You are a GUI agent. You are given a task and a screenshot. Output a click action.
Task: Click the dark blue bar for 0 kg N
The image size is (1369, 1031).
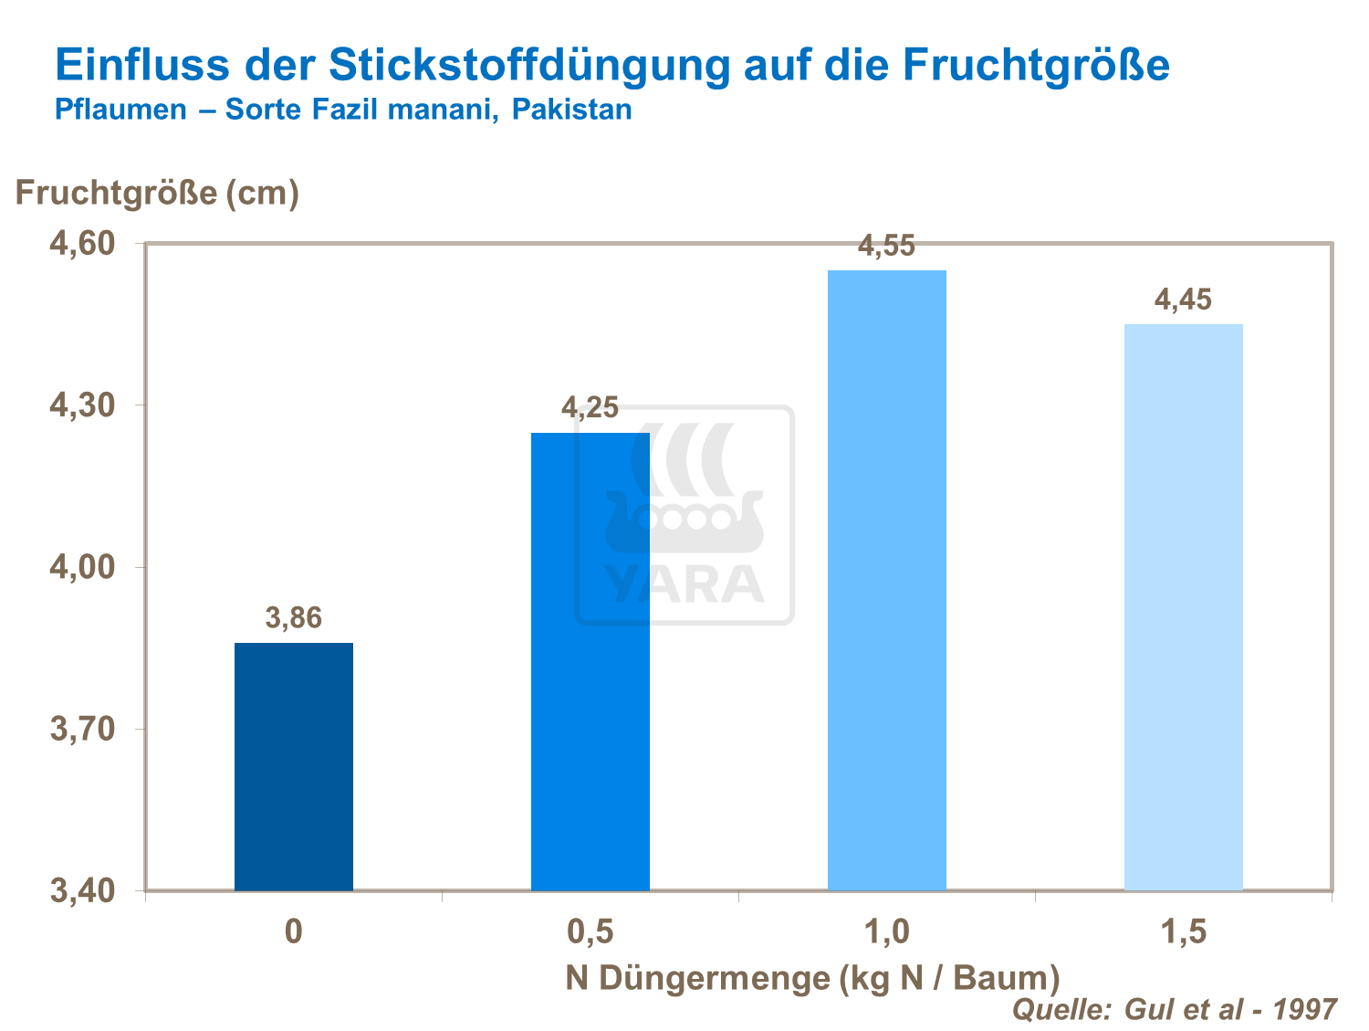point(293,766)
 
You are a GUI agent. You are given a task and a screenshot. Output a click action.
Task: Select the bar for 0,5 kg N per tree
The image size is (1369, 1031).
point(590,661)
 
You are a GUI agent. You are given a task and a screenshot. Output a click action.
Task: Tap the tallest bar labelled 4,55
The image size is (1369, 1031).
point(886,580)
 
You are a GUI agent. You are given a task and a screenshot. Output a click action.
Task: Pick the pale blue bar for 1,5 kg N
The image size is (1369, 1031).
point(1183,607)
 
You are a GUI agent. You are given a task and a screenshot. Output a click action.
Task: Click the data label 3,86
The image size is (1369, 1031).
point(293,618)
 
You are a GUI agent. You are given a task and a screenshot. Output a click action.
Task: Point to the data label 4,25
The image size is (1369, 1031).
point(590,407)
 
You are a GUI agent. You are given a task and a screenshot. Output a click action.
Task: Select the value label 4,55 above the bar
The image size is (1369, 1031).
point(886,247)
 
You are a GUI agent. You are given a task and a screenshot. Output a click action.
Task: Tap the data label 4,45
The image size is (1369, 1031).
point(1183,300)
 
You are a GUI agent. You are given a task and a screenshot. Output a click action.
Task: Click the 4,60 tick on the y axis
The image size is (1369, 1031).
point(81,244)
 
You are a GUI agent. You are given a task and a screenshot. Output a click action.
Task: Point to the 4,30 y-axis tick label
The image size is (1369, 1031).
point(81,405)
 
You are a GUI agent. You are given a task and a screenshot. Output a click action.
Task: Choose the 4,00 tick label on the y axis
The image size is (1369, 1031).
point(81,567)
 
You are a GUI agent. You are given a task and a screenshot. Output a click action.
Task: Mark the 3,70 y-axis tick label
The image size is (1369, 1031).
point(81,729)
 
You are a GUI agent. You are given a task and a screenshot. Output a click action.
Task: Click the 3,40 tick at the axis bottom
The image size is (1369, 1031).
point(81,890)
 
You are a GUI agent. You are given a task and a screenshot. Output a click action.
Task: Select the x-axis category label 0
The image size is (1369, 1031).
point(293,931)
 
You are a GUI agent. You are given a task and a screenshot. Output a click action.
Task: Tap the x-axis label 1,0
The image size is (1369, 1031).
point(886,931)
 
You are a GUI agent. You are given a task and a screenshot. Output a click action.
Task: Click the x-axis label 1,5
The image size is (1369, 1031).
point(1183,931)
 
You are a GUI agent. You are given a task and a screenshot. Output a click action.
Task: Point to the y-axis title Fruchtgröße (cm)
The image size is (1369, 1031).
point(158,193)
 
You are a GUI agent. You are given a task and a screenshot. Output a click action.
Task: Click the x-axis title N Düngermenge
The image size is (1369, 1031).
point(812,977)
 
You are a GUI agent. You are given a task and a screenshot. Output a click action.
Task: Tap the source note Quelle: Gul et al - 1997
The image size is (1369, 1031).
point(1175,1009)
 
